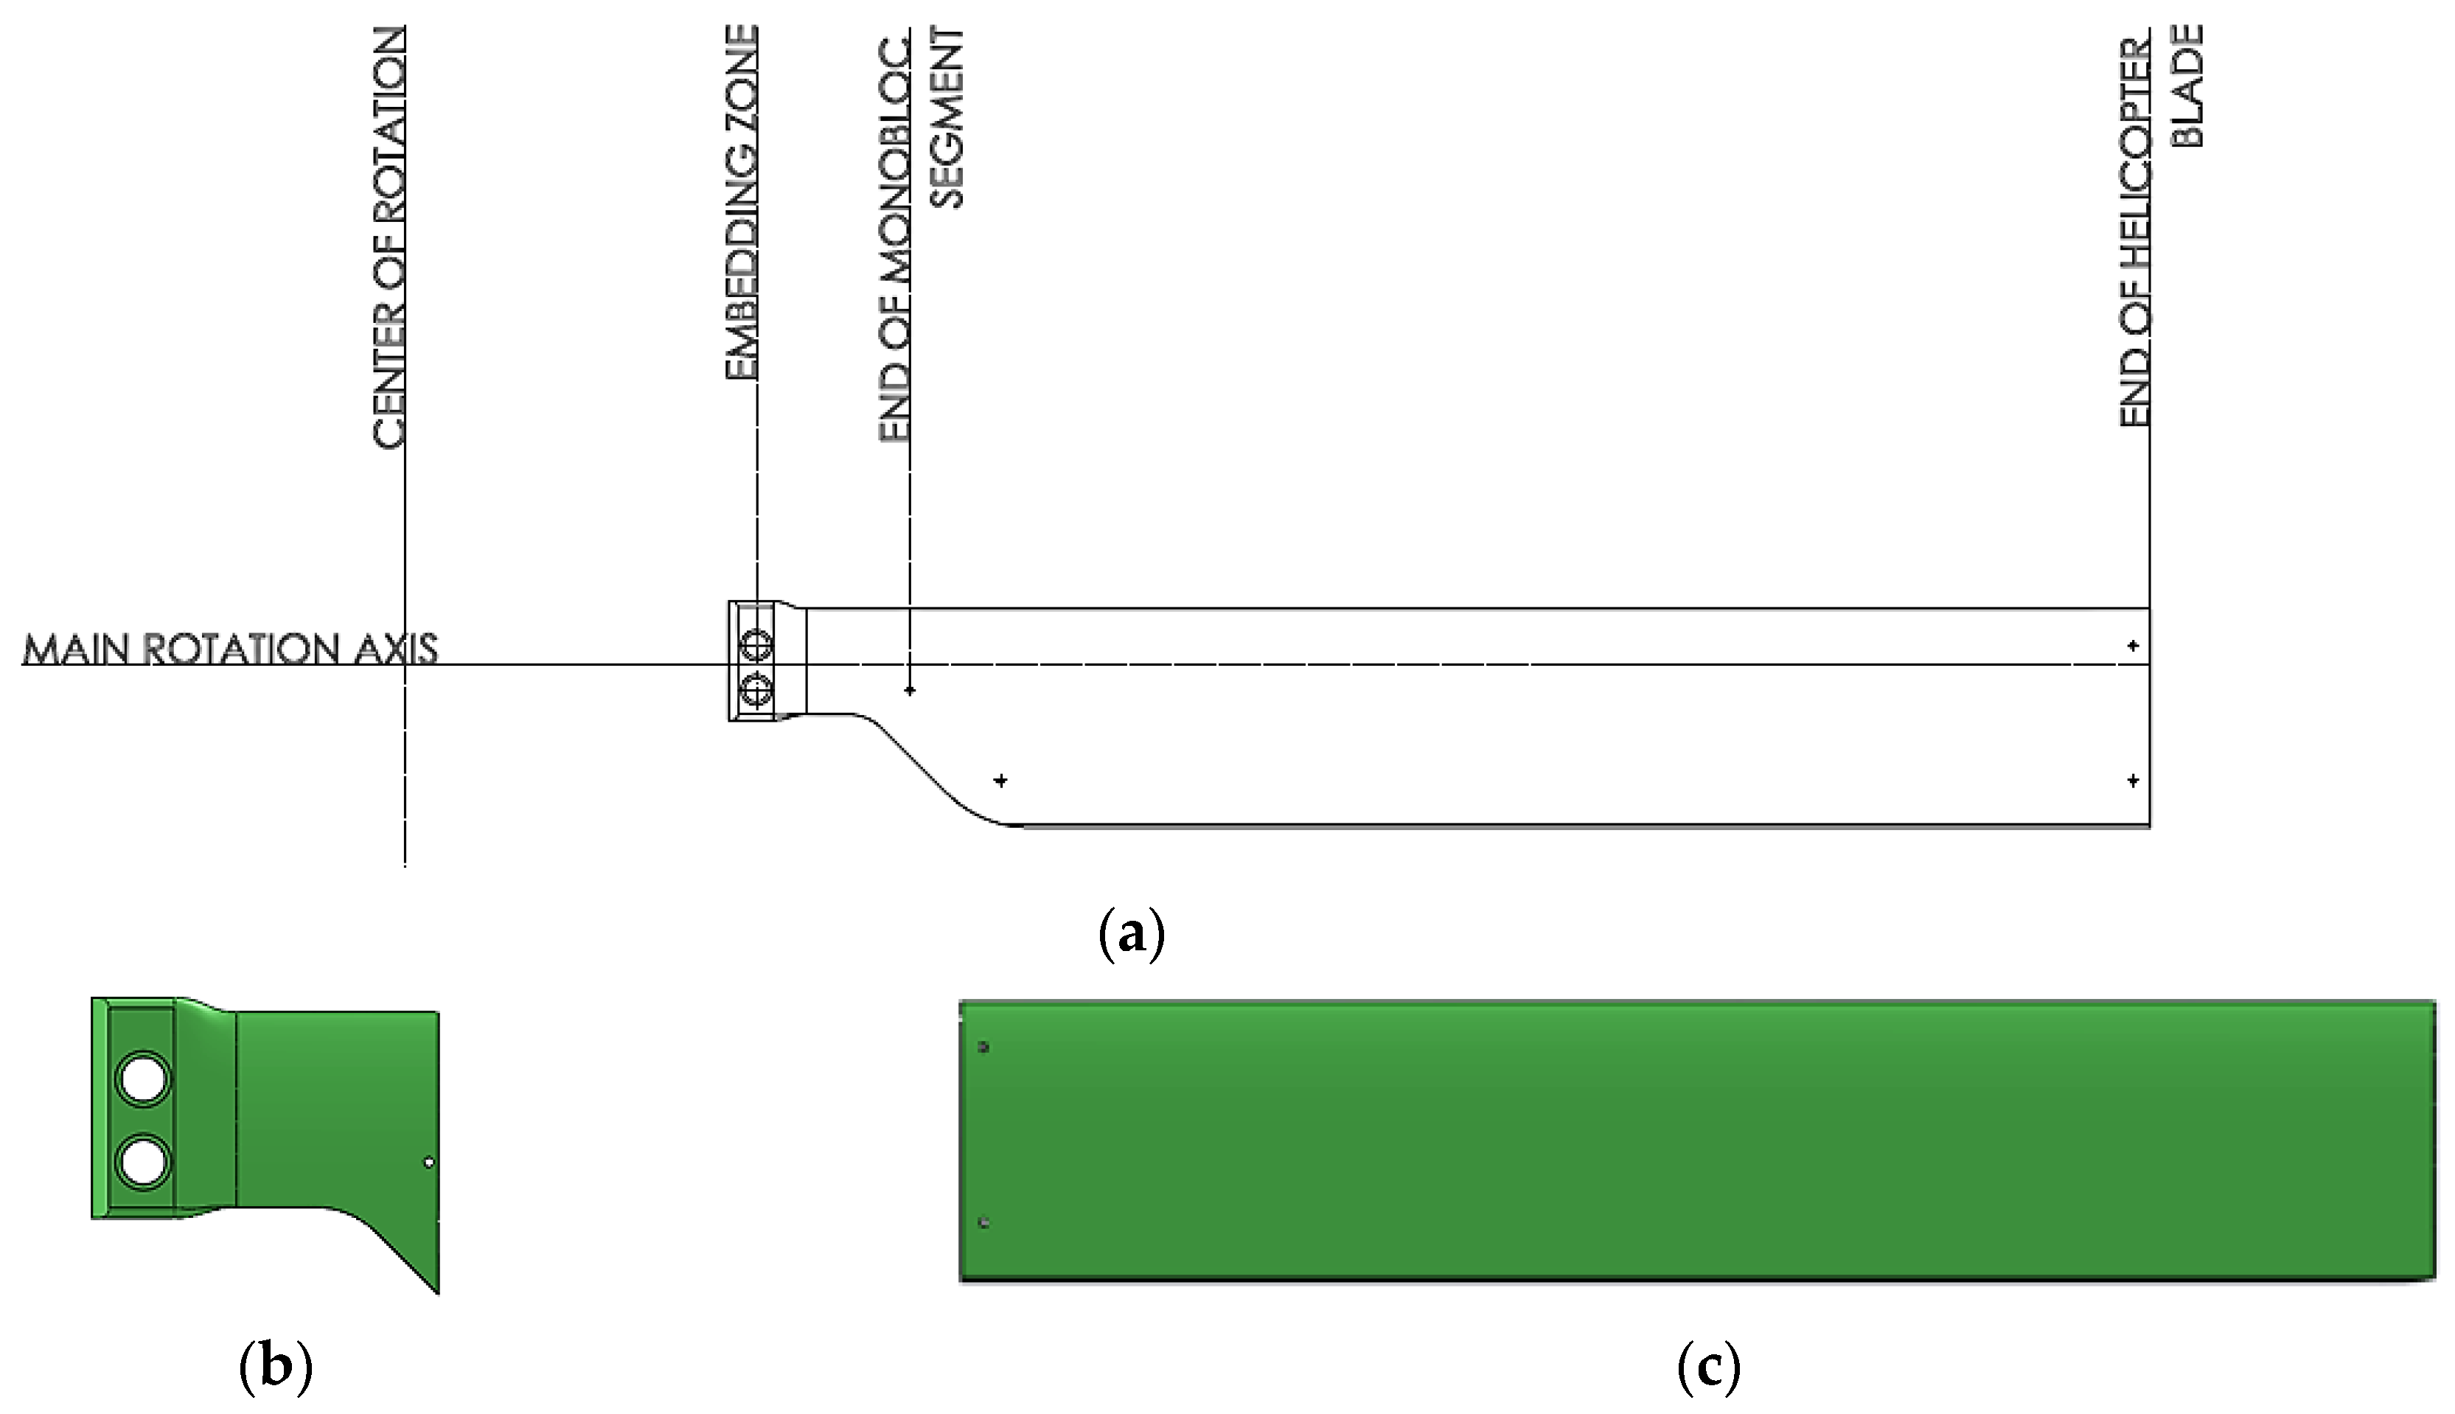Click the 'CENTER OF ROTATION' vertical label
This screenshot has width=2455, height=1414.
pos(388,238)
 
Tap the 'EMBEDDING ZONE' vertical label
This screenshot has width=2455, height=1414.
pos(741,202)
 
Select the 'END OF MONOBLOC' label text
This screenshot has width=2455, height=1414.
pos(894,238)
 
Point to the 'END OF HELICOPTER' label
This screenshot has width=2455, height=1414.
pos(2134,233)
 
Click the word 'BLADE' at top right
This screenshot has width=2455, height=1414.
pos(2186,86)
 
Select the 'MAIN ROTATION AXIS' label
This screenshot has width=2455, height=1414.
pos(229,649)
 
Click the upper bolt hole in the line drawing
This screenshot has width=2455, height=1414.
pos(756,645)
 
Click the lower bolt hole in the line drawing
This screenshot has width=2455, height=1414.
pos(756,692)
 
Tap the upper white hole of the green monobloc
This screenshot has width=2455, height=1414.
pos(143,1078)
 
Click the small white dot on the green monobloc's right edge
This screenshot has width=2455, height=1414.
pos(429,1163)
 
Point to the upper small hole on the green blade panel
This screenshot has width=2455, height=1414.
pos(983,1048)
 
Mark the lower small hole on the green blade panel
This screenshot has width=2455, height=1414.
pos(983,1222)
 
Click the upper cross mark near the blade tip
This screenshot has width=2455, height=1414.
pos(2133,646)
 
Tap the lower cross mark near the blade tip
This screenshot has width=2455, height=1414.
pos(2133,780)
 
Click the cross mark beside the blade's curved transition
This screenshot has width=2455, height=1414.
pos(1000,780)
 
